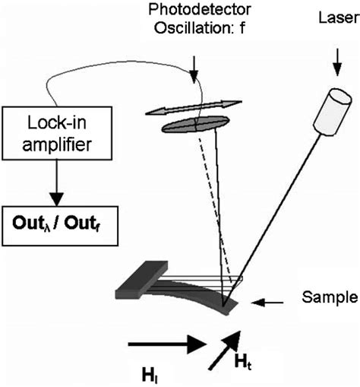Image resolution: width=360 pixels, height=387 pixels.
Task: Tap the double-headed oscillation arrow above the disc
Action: (x=192, y=108)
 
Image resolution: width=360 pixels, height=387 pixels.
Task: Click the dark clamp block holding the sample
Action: (x=144, y=277)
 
